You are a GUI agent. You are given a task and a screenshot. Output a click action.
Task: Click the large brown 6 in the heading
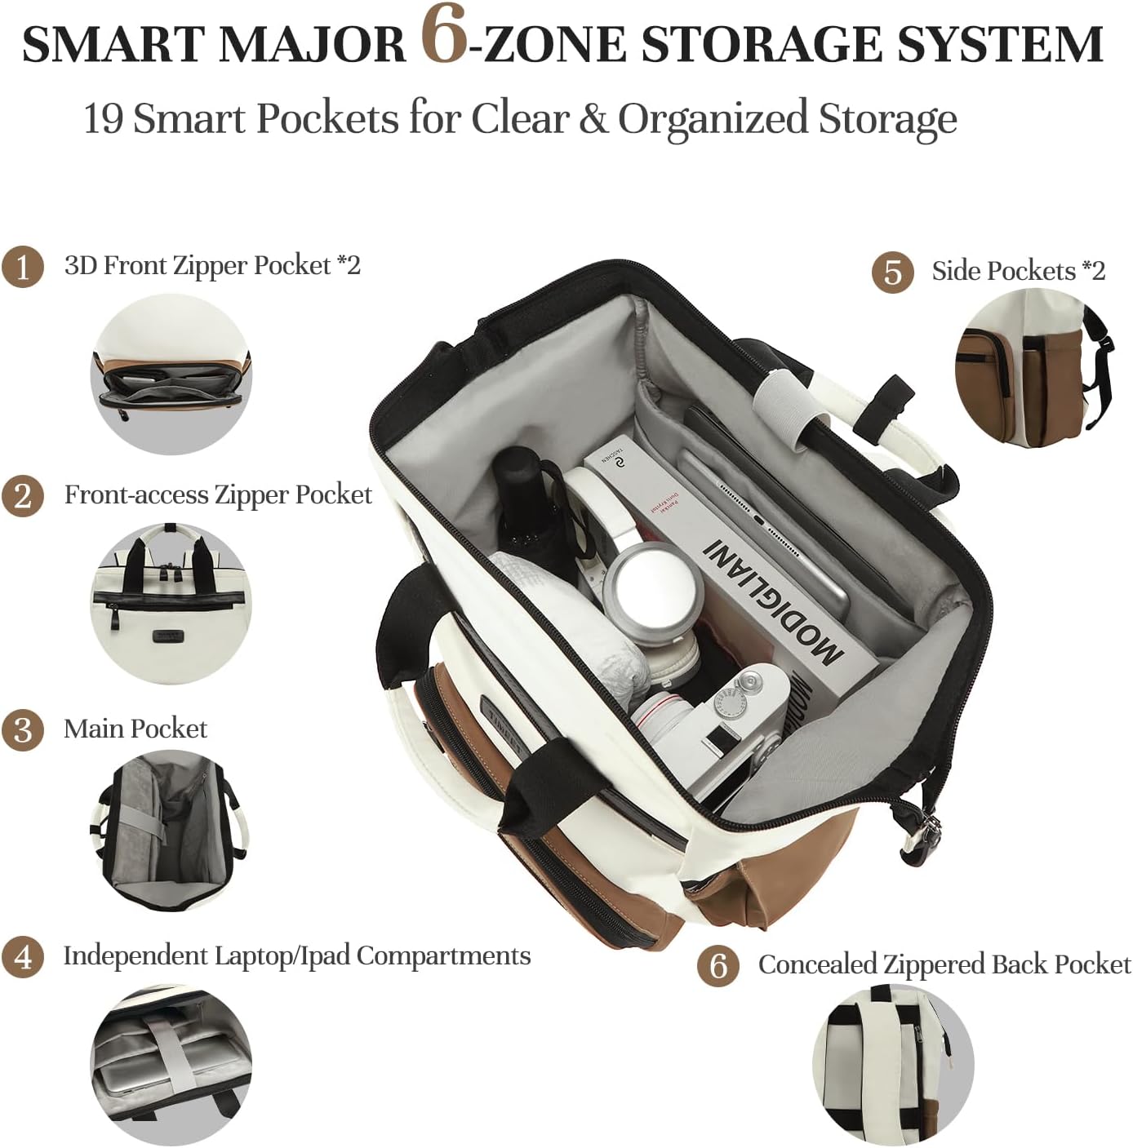click(444, 35)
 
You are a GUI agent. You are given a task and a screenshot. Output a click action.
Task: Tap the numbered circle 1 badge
click(22, 267)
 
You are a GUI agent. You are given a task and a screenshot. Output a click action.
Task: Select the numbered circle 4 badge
click(22, 956)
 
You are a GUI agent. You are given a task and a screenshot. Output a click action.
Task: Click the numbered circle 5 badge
click(892, 272)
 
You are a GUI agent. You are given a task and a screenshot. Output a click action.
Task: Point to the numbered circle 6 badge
click(718, 966)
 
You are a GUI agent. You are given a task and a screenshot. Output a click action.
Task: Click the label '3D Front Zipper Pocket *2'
click(212, 265)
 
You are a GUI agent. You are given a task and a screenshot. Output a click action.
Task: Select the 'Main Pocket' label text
click(136, 729)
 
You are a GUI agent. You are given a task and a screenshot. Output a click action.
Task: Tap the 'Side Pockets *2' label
click(1018, 271)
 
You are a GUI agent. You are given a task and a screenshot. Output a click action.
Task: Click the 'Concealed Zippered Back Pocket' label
click(944, 964)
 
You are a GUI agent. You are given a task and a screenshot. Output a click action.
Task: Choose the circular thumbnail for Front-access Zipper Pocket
click(171, 604)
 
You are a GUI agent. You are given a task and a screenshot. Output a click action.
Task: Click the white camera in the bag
click(718, 726)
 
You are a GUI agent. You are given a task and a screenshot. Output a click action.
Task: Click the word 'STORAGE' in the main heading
click(761, 45)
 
